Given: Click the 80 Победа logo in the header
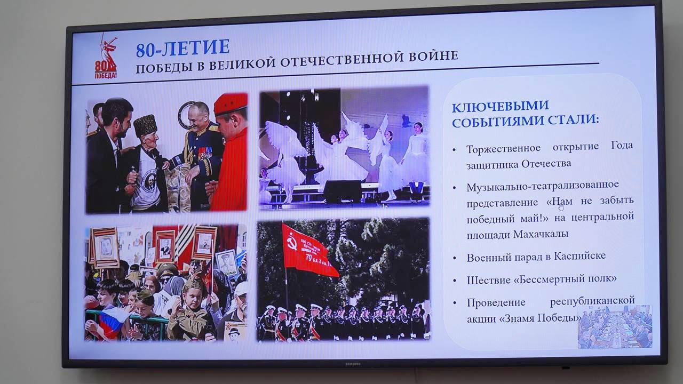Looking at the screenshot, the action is click(106, 57).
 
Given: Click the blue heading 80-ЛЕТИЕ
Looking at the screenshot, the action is click(182, 49).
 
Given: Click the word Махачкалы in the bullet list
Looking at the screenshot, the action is click(541, 234).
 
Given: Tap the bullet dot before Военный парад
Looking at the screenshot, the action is click(455, 259).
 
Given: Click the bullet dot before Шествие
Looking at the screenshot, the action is click(455, 281).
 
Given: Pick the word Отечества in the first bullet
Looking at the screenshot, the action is click(546, 164).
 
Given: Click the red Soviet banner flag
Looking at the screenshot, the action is click(308, 250).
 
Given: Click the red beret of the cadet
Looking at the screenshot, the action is click(231, 104).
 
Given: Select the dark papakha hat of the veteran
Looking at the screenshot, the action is click(145, 125).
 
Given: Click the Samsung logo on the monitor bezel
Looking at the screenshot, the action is click(353, 364).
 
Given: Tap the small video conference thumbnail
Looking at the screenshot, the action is click(615, 326).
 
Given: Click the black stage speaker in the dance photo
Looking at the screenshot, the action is click(342, 191).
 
